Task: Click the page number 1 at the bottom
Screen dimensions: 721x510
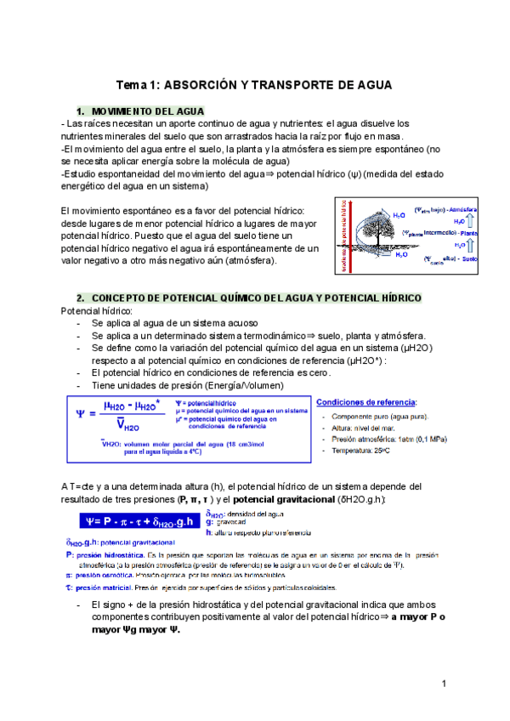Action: point(445,684)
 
